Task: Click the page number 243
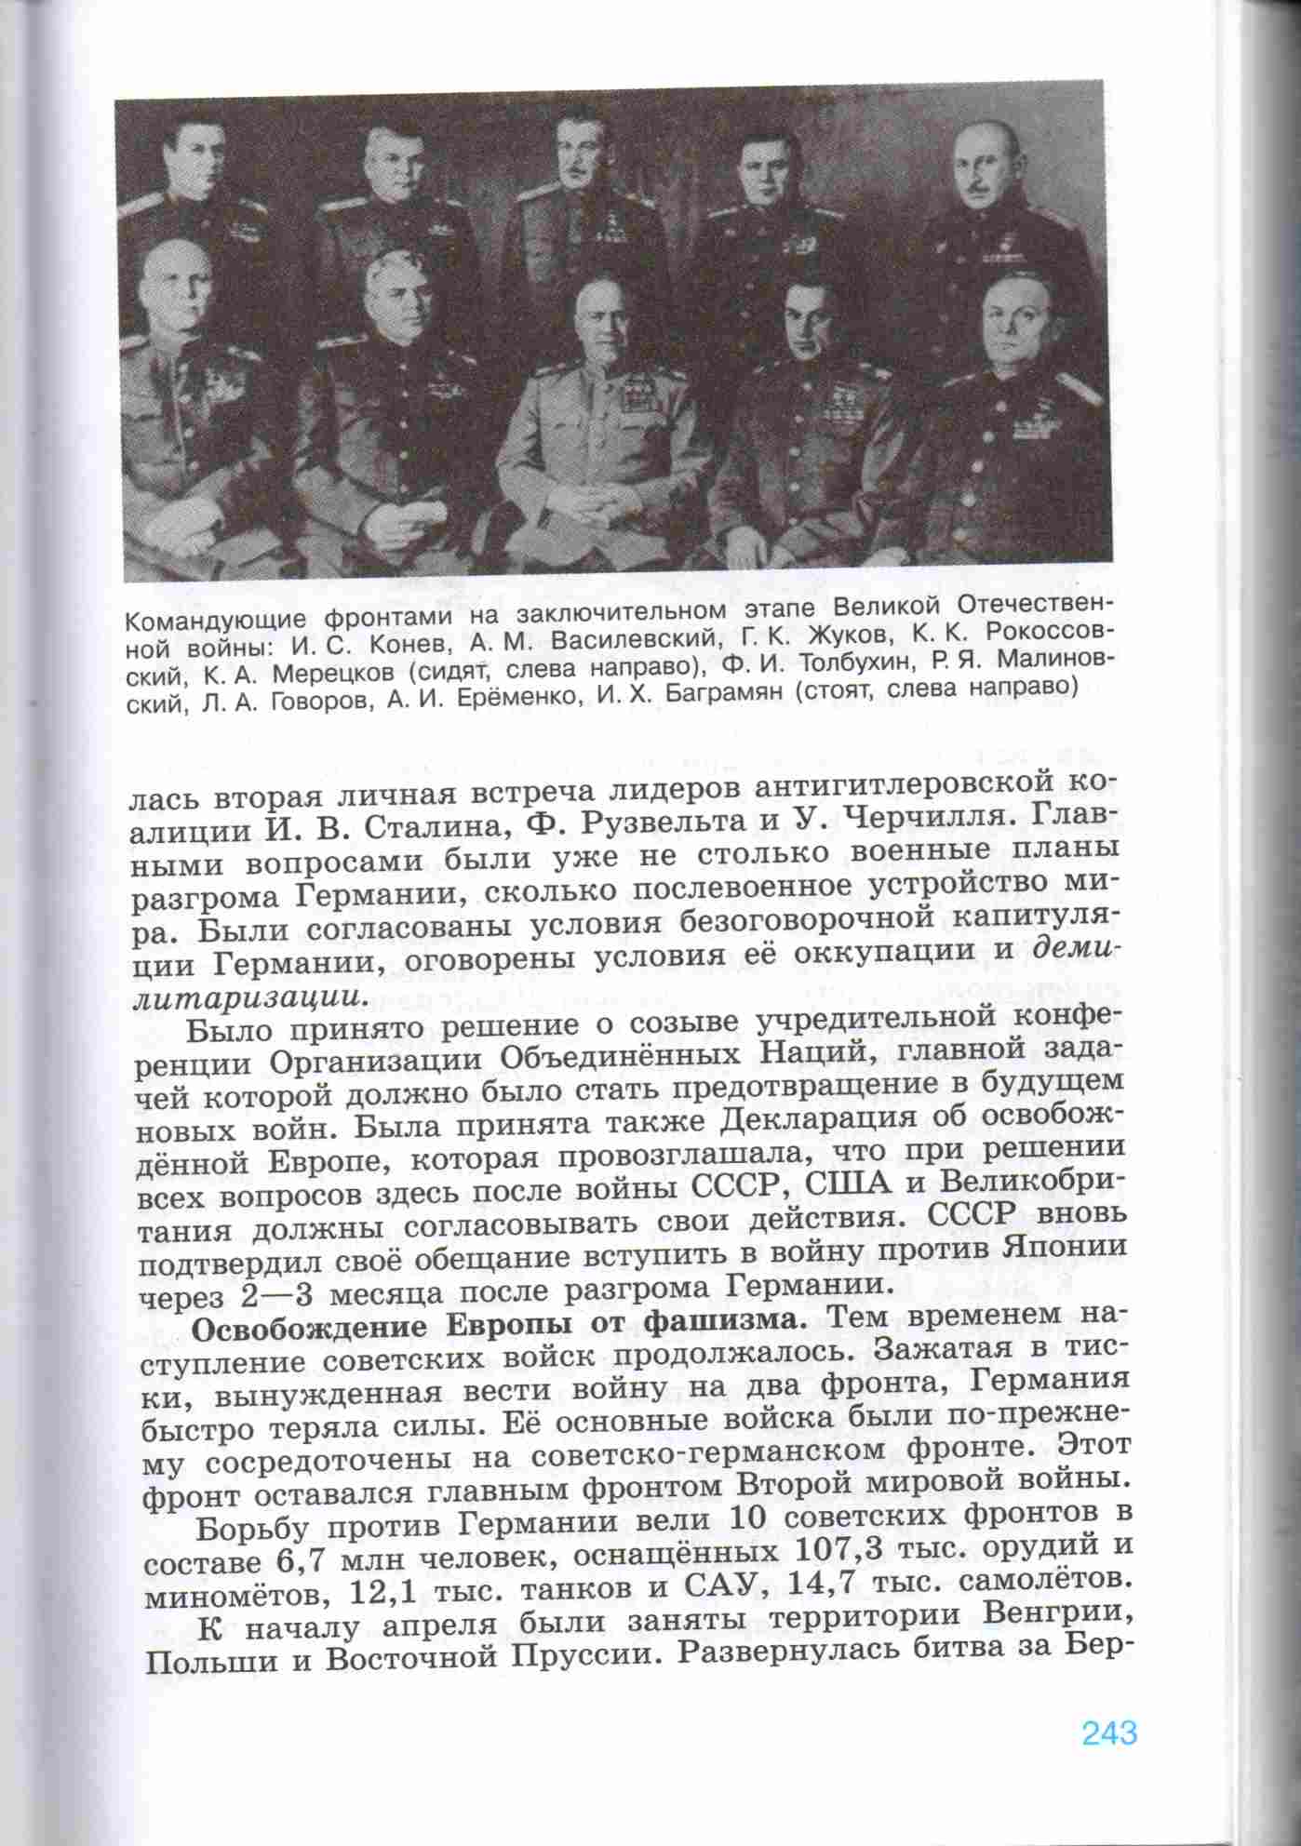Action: (x=1109, y=1732)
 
